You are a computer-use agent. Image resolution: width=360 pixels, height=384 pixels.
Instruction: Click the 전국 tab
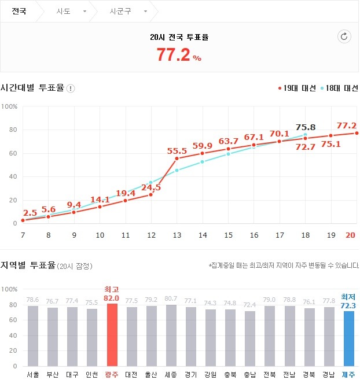point(19,12)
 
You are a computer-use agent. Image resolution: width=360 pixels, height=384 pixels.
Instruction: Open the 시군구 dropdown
point(128,12)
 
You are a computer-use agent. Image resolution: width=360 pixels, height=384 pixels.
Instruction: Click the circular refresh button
point(344,37)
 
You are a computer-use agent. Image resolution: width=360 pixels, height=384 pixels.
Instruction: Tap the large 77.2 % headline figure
point(179,55)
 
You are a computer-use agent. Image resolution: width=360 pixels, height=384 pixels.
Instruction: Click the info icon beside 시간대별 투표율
point(71,88)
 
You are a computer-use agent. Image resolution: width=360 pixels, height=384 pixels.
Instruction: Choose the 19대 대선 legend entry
point(297,88)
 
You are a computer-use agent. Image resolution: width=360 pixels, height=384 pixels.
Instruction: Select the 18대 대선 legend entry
point(340,88)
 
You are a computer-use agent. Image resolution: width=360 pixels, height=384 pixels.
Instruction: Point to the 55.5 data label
point(177,150)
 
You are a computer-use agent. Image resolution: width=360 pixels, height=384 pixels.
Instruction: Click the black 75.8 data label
point(305,127)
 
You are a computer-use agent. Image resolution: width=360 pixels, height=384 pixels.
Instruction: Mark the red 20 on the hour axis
point(350,235)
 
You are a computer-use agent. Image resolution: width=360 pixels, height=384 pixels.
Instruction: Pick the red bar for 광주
point(112,334)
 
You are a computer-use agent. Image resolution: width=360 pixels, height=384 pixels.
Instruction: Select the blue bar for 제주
point(348,338)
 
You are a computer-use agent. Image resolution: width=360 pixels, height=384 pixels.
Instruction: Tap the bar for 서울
point(32,335)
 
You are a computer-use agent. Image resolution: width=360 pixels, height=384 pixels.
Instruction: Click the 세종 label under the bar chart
point(171,375)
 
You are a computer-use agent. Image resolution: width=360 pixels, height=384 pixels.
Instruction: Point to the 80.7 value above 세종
point(171,299)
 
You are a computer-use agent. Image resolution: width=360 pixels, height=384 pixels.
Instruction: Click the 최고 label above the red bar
point(112,289)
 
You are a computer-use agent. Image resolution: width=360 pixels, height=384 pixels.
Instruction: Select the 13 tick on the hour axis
point(177,235)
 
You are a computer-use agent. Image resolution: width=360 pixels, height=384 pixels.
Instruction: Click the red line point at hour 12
point(151,194)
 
